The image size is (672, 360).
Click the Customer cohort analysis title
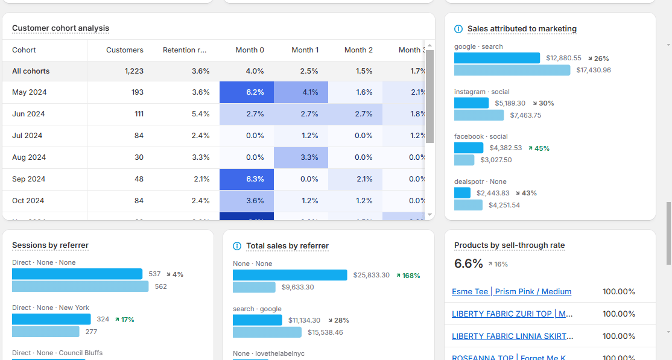pyautogui.click(x=60, y=28)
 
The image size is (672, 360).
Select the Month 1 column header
pyautogui.click(x=305, y=50)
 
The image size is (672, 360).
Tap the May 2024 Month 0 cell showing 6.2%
pyautogui.click(x=247, y=92)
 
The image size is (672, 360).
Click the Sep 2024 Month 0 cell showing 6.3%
pyautogui.click(x=247, y=179)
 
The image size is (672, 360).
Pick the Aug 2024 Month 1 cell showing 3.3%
pyautogui.click(x=301, y=157)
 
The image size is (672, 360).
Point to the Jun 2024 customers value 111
pyautogui.click(x=139, y=114)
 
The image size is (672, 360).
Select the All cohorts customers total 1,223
pyautogui.click(x=134, y=71)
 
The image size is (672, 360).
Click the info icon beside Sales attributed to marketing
pyautogui.click(x=458, y=29)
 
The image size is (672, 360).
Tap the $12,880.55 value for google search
pyautogui.click(x=563, y=58)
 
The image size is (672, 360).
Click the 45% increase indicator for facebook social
pyautogui.click(x=539, y=148)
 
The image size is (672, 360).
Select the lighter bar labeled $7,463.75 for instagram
pyautogui.click(x=479, y=115)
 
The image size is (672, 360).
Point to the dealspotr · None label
pyautogui.click(x=480, y=182)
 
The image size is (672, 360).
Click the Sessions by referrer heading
pyautogui.click(x=50, y=245)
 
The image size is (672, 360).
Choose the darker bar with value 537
pyautogui.click(x=77, y=274)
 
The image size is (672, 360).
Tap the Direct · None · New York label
pyautogui.click(x=51, y=308)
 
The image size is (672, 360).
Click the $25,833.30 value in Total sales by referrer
pyautogui.click(x=371, y=276)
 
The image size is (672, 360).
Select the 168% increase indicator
pyautogui.click(x=408, y=276)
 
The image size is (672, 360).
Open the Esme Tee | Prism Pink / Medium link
pyautogui.click(x=512, y=292)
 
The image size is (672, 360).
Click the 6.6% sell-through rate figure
pyautogui.click(x=469, y=264)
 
